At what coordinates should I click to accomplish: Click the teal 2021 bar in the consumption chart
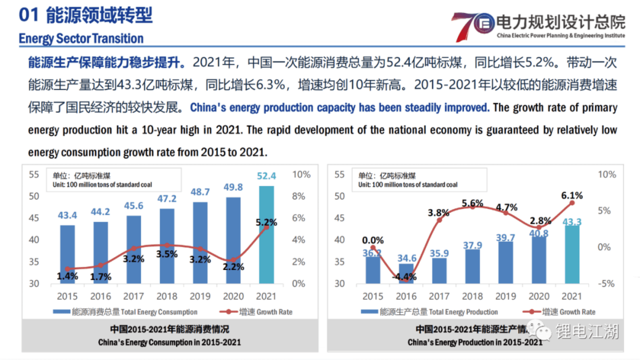click(x=266, y=242)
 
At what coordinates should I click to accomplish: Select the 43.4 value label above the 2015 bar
click(x=67, y=215)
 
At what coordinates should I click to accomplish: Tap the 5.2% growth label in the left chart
click(x=266, y=222)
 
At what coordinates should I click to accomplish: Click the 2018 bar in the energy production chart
click(x=472, y=266)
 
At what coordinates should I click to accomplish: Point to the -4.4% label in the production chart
click(x=404, y=277)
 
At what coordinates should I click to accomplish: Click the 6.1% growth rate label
click(x=572, y=196)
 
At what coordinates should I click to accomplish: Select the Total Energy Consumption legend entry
click(x=125, y=312)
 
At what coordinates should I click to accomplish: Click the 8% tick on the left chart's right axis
click(x=299, y=196)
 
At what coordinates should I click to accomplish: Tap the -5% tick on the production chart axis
click(x=606, y=283)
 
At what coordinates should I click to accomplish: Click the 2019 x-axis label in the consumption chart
click(x=200, y=296)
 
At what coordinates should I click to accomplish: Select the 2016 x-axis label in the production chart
click(x=406, y=296)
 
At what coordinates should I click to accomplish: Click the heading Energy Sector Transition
click(x=81, y=38)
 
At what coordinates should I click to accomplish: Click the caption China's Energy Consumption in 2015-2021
click(x=169, y=342)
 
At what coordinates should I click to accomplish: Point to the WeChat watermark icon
click(x=539, y=331)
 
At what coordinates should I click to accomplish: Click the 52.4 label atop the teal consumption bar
click(x=267, y=176)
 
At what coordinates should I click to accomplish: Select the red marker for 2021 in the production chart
click(x=572, y=203)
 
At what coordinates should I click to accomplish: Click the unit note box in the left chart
click(x=114, y=180)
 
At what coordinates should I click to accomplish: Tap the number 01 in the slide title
click(x=29, y=15)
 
